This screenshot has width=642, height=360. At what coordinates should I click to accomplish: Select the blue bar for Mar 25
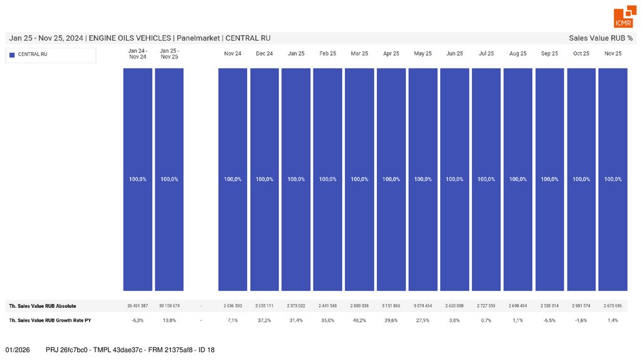pos(359,125)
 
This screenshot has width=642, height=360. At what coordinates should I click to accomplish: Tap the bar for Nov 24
pos(233,125)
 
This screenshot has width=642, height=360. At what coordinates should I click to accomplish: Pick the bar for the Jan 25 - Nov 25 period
pos(169,125)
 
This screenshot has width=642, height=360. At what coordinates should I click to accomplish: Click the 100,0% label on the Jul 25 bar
pos(486,179)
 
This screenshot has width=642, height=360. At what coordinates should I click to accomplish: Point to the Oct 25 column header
pos(581,54)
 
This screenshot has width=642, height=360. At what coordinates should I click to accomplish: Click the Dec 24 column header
pos(265,54)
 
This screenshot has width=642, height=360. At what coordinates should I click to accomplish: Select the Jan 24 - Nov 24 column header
pos(137,54)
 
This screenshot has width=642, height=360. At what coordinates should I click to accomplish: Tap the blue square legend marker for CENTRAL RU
pos(12,55)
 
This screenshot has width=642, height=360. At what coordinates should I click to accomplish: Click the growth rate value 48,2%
pos(359,320)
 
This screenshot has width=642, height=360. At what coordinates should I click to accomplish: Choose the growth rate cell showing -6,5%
pos(549,320)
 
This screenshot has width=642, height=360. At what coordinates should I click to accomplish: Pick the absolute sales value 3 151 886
pos(391,306)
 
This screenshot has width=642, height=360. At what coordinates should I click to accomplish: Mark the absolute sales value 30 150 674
pos(169,306)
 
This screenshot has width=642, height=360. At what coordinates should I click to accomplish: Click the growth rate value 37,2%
pos(265,320)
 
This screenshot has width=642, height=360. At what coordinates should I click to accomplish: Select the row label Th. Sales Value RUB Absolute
pos(43,306)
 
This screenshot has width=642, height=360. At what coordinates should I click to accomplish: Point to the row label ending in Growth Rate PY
pos(50,320)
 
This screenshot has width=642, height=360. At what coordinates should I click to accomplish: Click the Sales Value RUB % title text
pos(601,38)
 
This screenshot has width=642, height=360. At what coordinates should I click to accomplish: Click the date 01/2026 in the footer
pos(17,349)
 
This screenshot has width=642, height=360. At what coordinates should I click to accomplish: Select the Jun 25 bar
pos(455,125)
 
